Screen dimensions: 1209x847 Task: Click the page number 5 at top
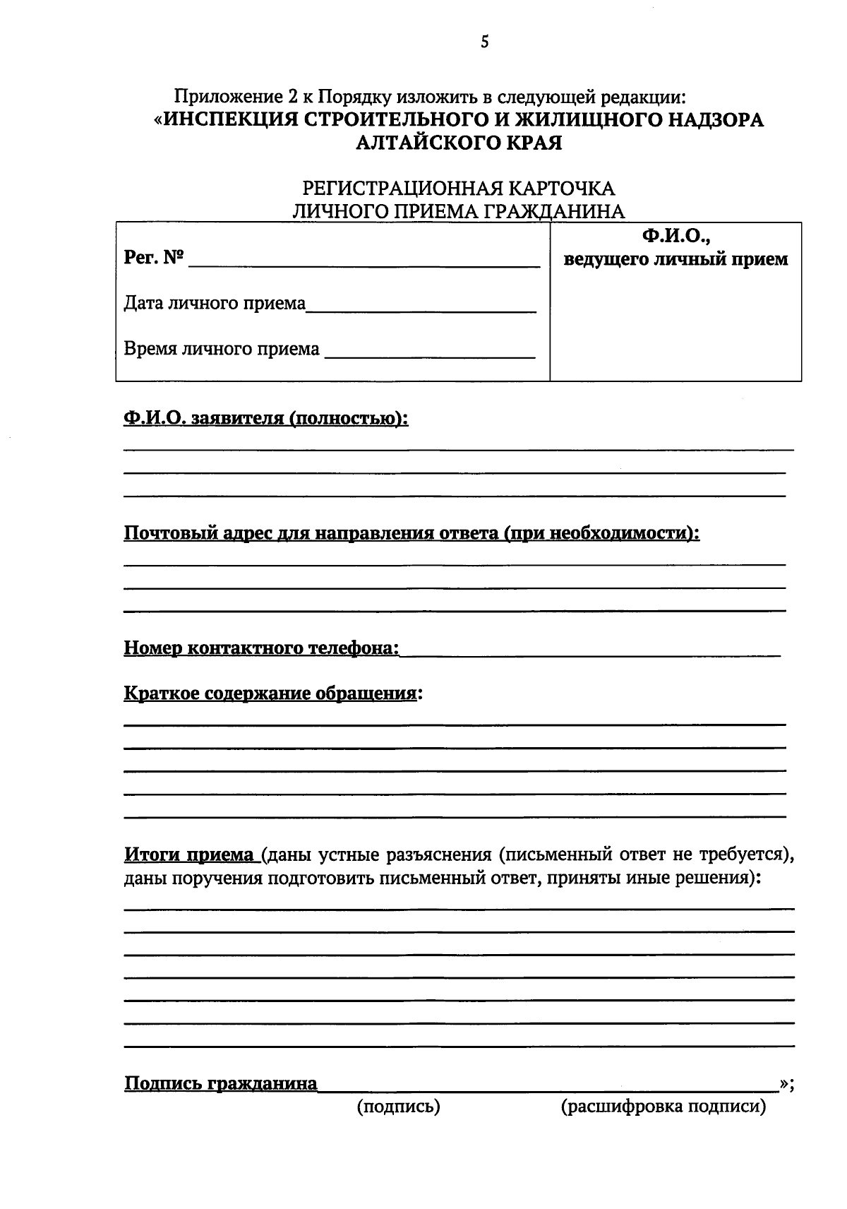coord(484,42)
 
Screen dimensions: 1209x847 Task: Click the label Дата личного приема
coord(215,304)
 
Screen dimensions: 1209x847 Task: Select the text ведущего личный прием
coord(675,259)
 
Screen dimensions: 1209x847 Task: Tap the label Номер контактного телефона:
coord(261,648)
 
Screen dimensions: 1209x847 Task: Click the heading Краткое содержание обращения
coord(270,693)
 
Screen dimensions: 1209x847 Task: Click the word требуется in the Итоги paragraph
coord(739,854)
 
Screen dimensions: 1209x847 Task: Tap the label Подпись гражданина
coord(220,1083)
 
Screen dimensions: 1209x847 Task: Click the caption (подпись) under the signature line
coord(399,1107)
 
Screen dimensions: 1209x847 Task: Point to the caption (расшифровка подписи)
coord(663,1107)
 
